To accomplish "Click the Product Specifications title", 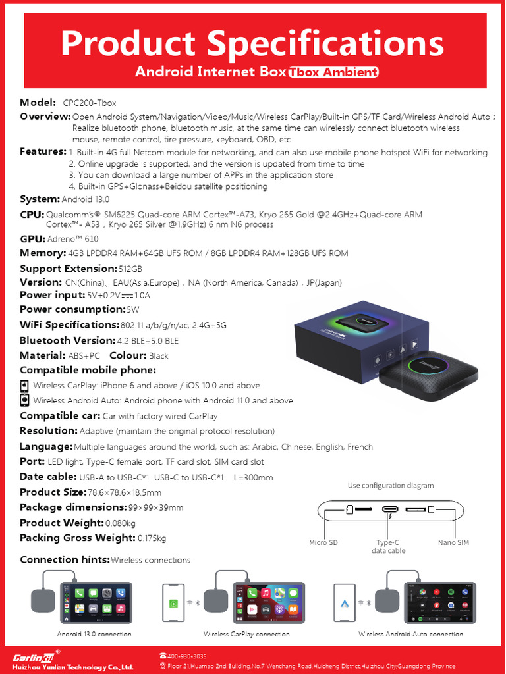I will click(x=252, y=43).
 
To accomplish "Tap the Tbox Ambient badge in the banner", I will click(x=333, y=72).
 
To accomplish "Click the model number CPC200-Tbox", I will click(x=90, y=103).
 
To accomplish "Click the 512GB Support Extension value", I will click(x=130, y=269).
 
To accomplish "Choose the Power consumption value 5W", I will click(x=133, y=309).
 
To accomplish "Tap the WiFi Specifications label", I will click(x=69, y=324).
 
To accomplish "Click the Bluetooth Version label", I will click(x=67, y=340).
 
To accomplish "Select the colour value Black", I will click(x=158, y=356).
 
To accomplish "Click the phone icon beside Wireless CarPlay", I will click(x=24, y=386).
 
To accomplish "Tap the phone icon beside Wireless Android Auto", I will click(x=24, y=400).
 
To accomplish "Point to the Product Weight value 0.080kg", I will click(x=121, y=523).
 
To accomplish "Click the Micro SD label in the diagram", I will click(x=323, y=543).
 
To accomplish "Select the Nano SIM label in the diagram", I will click(x=453, y=543).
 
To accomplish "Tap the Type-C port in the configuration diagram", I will click(x=390, y=509).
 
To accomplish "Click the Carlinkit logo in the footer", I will click(x=36, y=657).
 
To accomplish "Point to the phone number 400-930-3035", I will click(x=187, y=656).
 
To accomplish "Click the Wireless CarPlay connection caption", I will click(x=246, y=635).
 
